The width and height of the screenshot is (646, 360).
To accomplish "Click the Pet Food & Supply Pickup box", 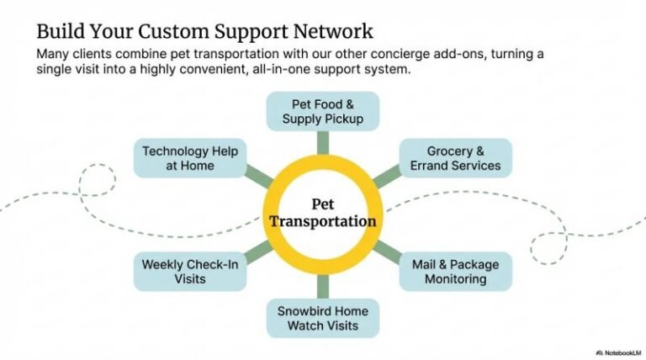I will click(322, 111).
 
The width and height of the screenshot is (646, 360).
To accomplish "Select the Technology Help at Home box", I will click(190, 158).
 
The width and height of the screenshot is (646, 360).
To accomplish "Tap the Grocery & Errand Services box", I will click(455, 158).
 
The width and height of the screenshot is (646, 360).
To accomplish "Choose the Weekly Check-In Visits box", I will click(190, 272).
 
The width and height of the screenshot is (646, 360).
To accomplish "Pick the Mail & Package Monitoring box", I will click(455, 272).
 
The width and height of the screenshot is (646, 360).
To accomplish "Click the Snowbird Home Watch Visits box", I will click(322, 318).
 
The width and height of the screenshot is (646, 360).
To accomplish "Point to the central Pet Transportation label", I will click(322, 214).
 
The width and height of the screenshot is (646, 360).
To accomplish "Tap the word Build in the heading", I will click(59, 32).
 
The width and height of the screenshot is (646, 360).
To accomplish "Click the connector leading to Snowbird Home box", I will click(322, 288).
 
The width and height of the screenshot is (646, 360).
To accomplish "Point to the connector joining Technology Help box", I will click(259, 176).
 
